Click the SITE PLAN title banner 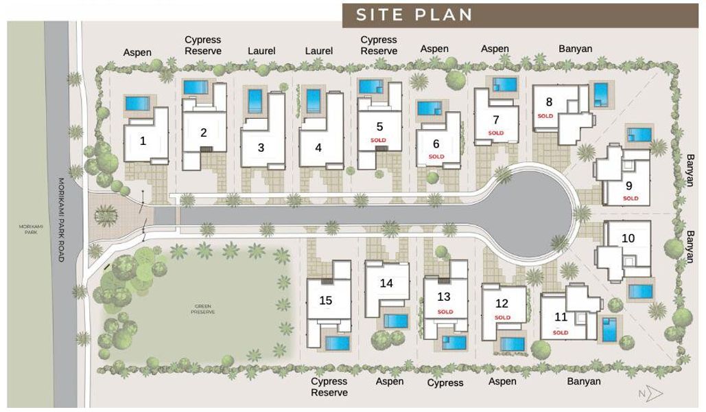[520, 14]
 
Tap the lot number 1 [143, 141]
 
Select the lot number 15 [326, 300]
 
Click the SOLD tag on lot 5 [378, 140]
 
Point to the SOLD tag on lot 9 [630, 198]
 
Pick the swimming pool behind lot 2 [196, 88]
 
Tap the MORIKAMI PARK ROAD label [60, 220]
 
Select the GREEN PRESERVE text [203, 310]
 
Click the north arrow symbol [652, 393]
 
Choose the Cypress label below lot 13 [445, 382]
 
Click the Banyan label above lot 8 [575, 49]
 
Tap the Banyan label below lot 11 [584, 381]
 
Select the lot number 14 [386, 283]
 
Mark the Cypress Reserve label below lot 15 [329, 387]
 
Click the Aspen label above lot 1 [137, 52]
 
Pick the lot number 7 [495, 119]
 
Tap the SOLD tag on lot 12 [502, 317]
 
